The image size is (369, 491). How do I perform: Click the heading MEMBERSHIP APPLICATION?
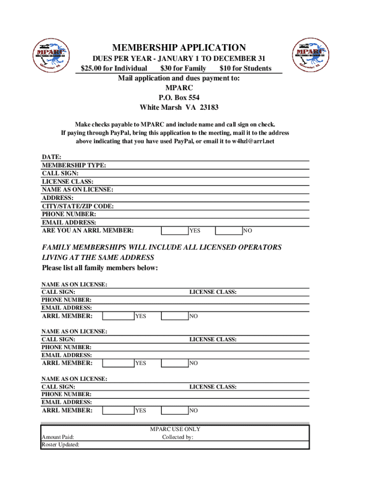pyautogui.click(x=179, y=47)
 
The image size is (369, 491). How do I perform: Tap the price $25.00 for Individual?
pyautogui.click(x=114, y=68)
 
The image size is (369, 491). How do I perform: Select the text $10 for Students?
pyautogui.click(x=245, y=68)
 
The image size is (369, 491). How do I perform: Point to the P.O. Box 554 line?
pyautogui.click(x=179, y=98)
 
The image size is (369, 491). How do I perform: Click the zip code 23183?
pyautogui.click(x=208, y=107)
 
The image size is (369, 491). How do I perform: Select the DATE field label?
pyautogui.click(x=52, y=157)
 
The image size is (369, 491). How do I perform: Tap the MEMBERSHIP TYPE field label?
pyautogui.click(x=74, y=165)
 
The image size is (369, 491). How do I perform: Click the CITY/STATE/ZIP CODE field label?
pyautogui.click(x=78, y=206)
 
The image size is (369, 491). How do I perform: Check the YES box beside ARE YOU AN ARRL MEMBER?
pyautogui.click(x=174, y=231)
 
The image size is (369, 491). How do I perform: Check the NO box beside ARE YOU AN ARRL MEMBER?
pyautogui.click(x=229, y=231)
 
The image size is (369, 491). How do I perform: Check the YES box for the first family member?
pyautogui.click(x=118, y=316)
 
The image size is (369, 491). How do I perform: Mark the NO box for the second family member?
pyautogui.click(x=174, y=363)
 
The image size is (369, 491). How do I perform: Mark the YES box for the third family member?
pyautogui.click(x=118, y=410)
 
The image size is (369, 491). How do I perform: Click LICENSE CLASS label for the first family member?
pyautogui.click(x=213, y=292)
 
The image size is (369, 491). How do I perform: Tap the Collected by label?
pyautogui.click(x=178, y=437)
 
